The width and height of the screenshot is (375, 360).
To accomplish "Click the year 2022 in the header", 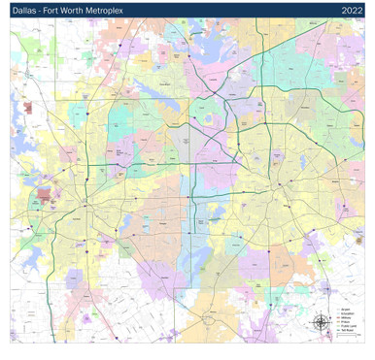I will click(x=352, y=10).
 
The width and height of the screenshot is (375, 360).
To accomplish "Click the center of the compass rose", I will click(x=321, y=323).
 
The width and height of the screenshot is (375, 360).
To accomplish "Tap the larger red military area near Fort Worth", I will click(x=44, y=194).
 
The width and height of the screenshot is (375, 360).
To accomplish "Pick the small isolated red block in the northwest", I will click(x=28, y=108).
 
